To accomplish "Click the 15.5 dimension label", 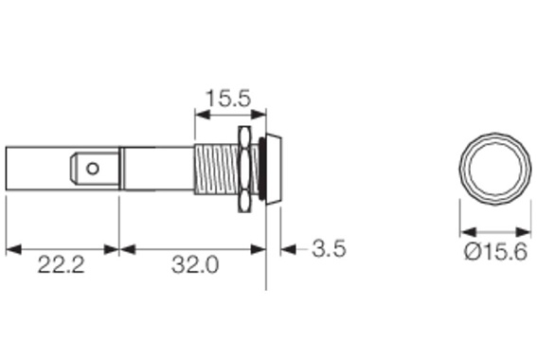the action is coord(228,98).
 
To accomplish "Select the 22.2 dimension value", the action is coord(61,264).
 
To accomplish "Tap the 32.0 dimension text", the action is coord(195,264).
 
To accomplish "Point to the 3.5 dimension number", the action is coord(330,248).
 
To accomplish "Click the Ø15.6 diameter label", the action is coord(495,252).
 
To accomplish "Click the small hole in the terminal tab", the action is coord(93,169).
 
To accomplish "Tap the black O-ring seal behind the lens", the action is coord(262,169).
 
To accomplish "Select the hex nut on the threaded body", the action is coord(244,169).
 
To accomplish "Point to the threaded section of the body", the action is coord(217,170).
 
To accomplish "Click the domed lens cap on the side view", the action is coord(275,169).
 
